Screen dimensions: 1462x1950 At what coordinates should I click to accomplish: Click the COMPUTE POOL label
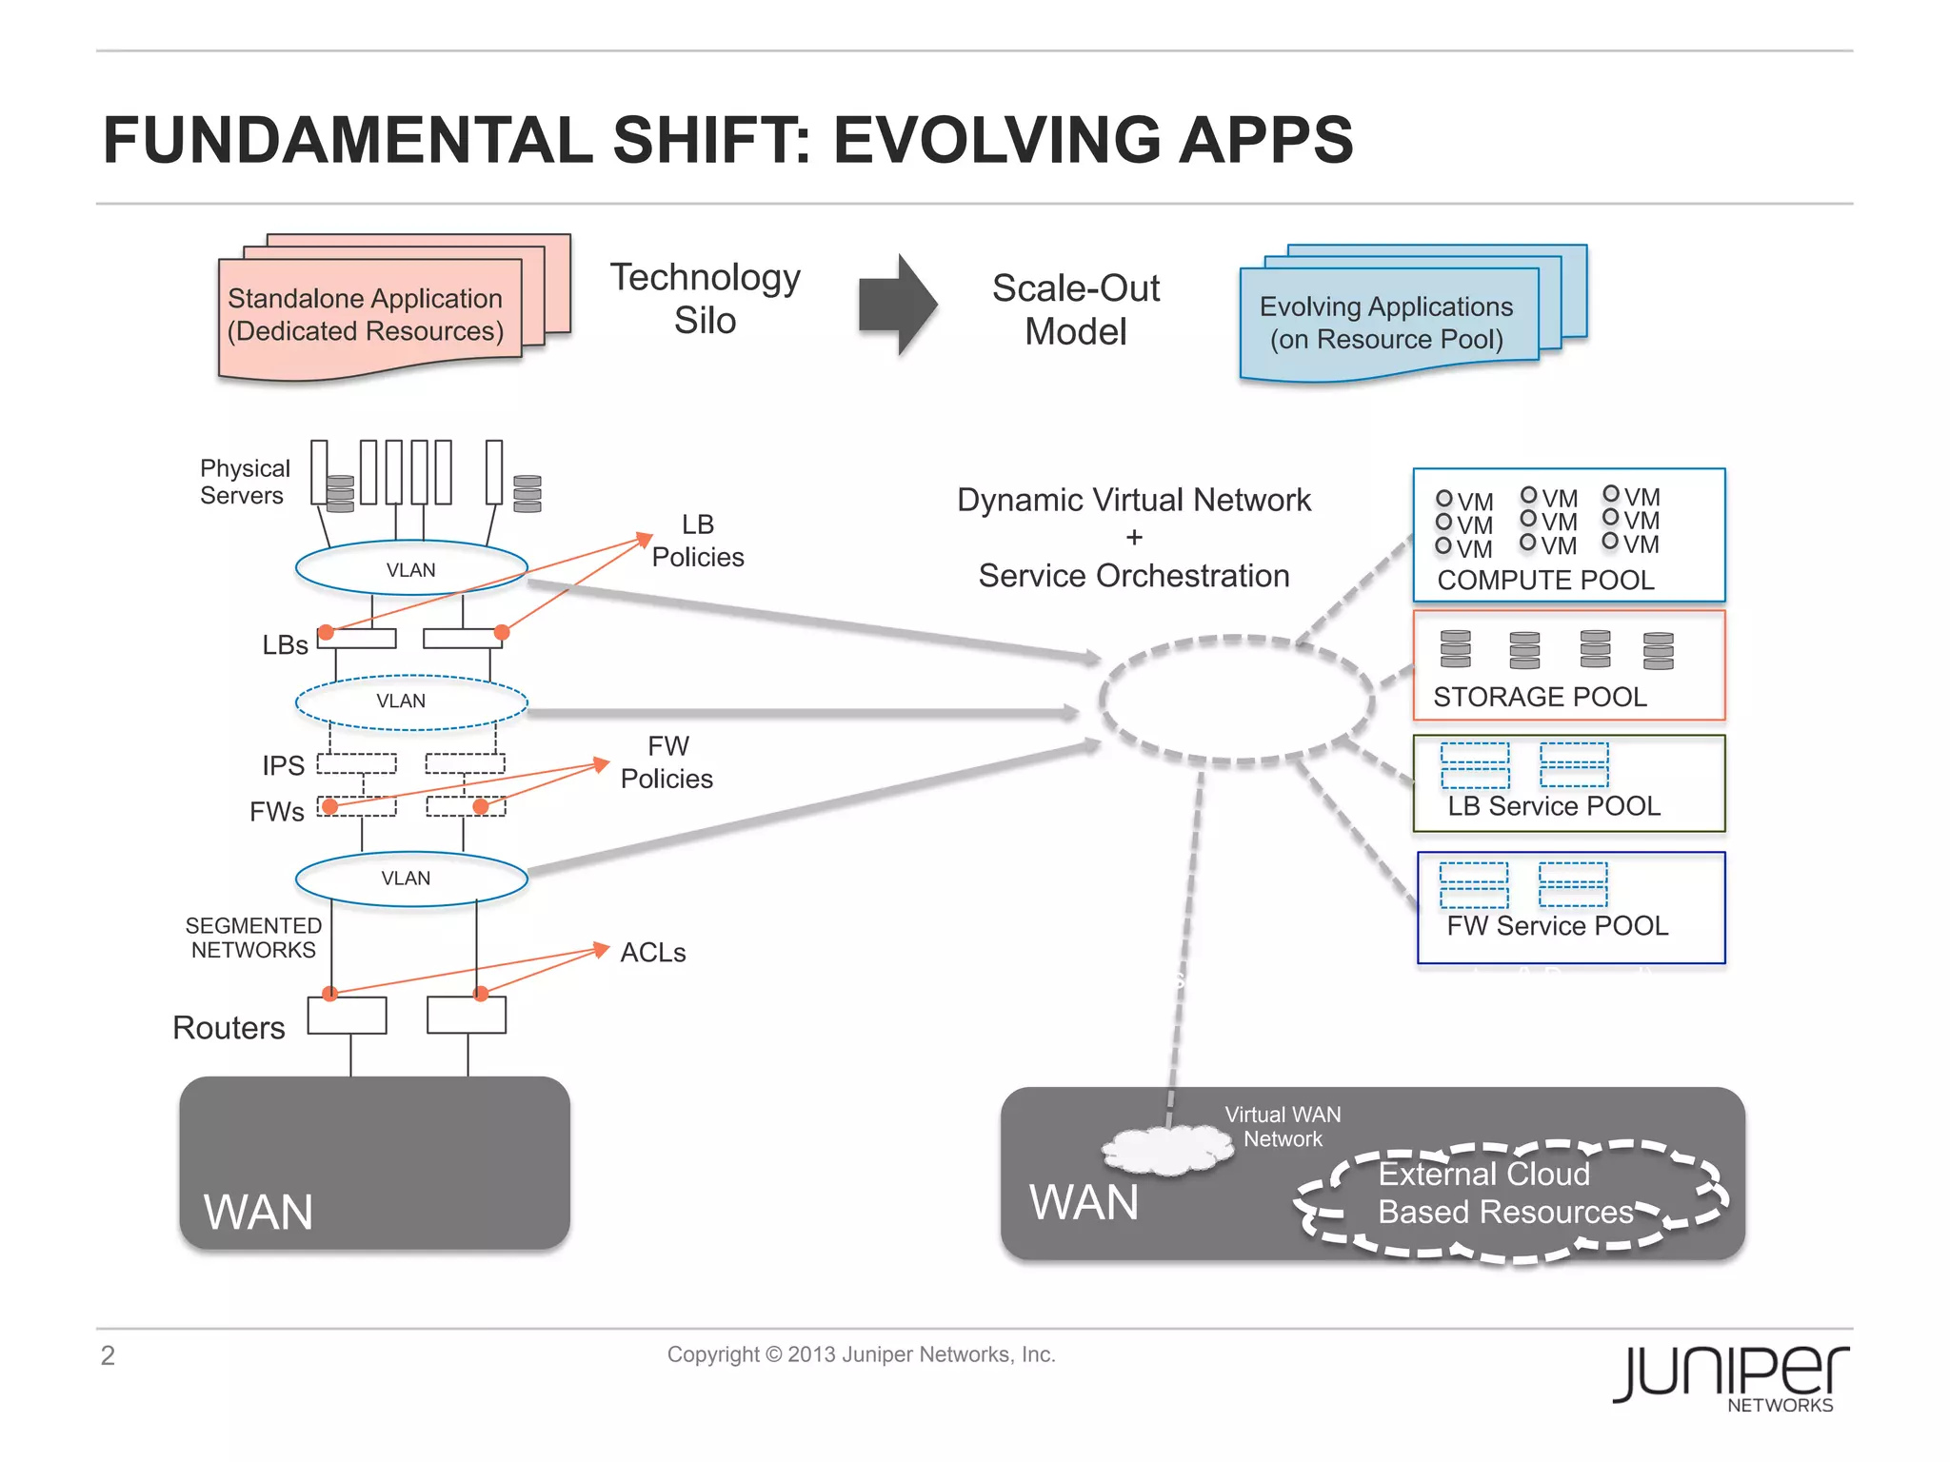click(1544, 580)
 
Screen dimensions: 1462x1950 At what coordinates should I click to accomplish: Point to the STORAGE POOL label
click(1540, 697)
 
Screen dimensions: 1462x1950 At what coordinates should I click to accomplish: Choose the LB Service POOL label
click(1554, 806)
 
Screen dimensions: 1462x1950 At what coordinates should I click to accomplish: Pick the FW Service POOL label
click(1558, 925)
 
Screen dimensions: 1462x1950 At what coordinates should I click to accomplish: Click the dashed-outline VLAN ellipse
click(410, 702)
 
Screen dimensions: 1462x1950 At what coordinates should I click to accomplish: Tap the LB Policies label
click(698, 541)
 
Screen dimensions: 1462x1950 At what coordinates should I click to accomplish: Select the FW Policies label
click(667, 762)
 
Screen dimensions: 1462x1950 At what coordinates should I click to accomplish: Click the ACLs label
click(653, 952)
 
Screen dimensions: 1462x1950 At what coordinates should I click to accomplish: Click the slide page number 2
click(108, 1354)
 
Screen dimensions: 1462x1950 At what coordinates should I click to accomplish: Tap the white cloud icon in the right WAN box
click(1167, 1149)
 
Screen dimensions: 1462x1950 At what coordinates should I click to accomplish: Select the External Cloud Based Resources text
click(1504, 1193)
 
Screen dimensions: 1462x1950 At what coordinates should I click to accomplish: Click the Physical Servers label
click(244, 482)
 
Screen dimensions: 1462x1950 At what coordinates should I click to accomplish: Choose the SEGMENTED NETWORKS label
click(253, 938)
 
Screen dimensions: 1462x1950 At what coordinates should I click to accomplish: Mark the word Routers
click(229, 1028)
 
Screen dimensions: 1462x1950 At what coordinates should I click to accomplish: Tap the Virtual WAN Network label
click(1283, 1126)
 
